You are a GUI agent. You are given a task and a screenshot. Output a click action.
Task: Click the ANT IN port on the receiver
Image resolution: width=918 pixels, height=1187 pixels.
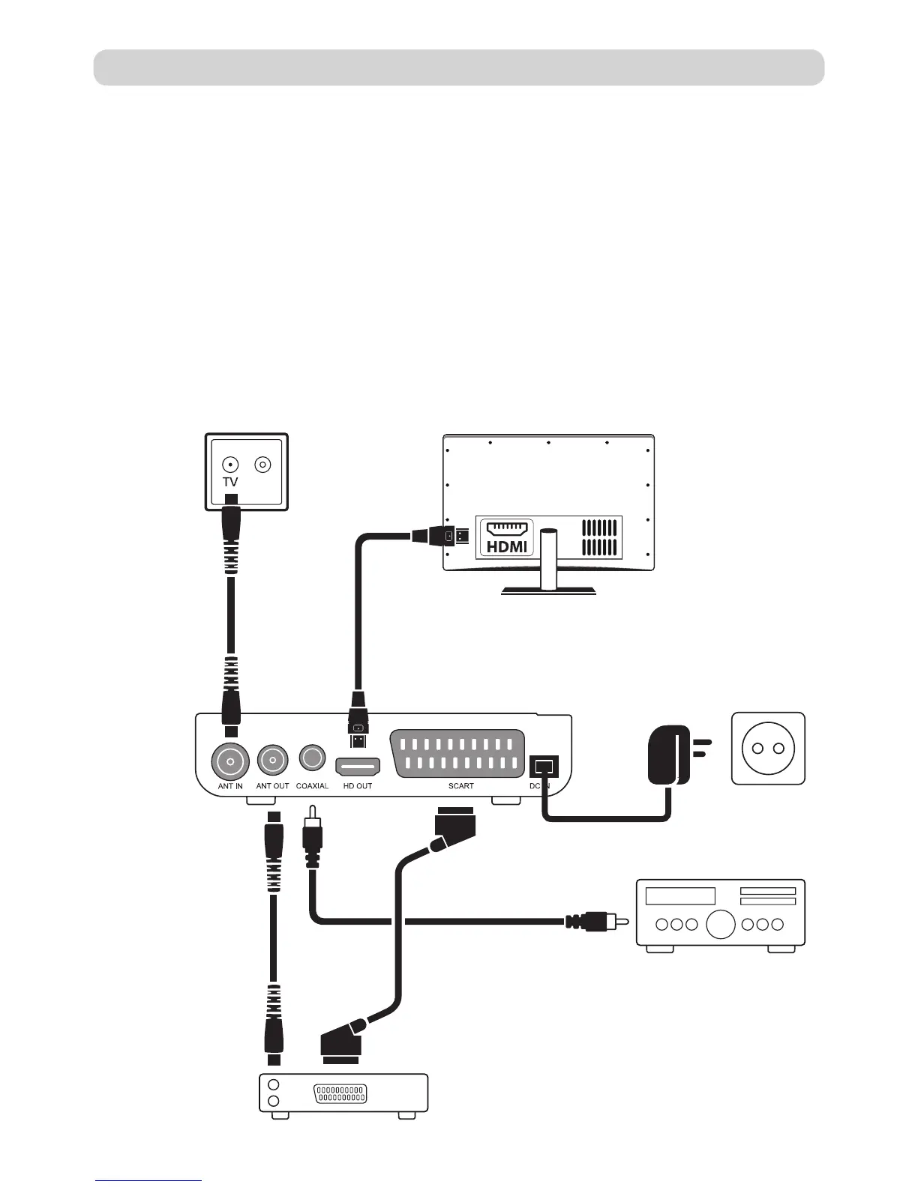point(229,762)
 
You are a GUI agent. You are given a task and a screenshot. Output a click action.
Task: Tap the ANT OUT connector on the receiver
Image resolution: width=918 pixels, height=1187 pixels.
point(272,761)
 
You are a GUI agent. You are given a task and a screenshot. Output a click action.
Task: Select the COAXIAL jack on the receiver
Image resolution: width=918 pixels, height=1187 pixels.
point(311,758)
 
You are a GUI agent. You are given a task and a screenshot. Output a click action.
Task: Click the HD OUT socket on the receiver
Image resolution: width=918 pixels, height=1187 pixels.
point(358,767)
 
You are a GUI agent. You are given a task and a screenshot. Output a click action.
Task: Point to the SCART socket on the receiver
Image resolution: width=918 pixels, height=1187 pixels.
point(457,754)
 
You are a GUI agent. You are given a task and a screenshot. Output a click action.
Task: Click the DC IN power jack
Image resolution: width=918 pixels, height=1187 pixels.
point(542,766)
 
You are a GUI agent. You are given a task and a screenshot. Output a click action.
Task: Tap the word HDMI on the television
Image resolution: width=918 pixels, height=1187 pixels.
point(507,546)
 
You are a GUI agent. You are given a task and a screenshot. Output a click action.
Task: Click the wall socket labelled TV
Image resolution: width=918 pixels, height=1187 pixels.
point(231,465)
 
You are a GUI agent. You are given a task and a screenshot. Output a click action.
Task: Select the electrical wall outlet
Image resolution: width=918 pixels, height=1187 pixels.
point(768,749)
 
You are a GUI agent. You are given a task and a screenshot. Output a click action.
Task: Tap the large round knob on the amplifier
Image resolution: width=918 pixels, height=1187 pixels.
point(720,924)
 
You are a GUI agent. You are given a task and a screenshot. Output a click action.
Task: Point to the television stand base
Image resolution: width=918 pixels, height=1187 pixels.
point(549,591)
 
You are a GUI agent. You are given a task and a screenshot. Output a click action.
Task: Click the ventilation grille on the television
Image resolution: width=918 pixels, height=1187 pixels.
point(600,537)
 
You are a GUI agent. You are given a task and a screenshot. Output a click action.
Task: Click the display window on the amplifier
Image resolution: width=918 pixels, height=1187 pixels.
point(680,895)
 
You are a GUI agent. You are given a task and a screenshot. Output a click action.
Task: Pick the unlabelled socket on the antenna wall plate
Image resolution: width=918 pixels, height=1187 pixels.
point(262,465)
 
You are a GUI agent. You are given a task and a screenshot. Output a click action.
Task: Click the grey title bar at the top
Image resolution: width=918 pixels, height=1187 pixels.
point(458,67)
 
